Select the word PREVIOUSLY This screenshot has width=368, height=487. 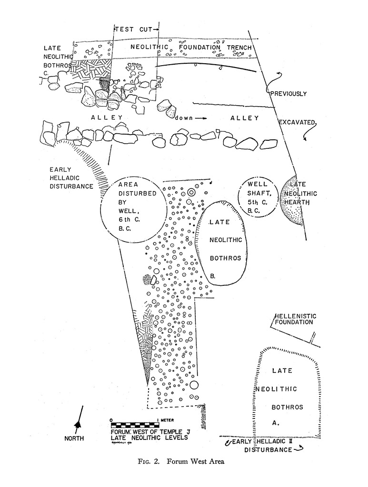(288, 94)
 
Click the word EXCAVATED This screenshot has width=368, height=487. (298, 123)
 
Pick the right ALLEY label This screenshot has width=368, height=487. (244, 118)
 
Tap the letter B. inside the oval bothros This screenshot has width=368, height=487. (213, 275)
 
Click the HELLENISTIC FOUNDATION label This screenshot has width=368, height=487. (295, 319)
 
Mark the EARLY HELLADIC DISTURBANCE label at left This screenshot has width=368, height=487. (71, 178)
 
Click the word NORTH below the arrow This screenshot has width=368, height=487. (74, 438)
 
